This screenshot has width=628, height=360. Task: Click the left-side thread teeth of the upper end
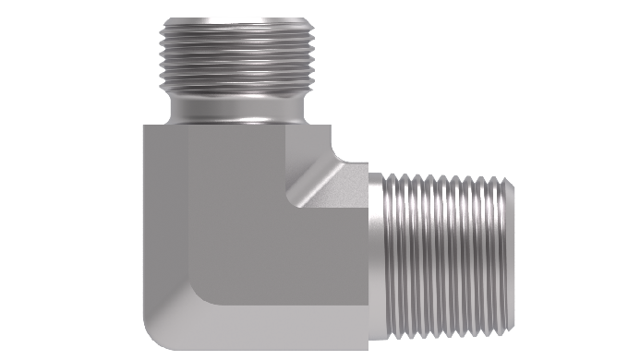[163, 55]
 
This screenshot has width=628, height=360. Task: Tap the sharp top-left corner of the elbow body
[145, 126]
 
